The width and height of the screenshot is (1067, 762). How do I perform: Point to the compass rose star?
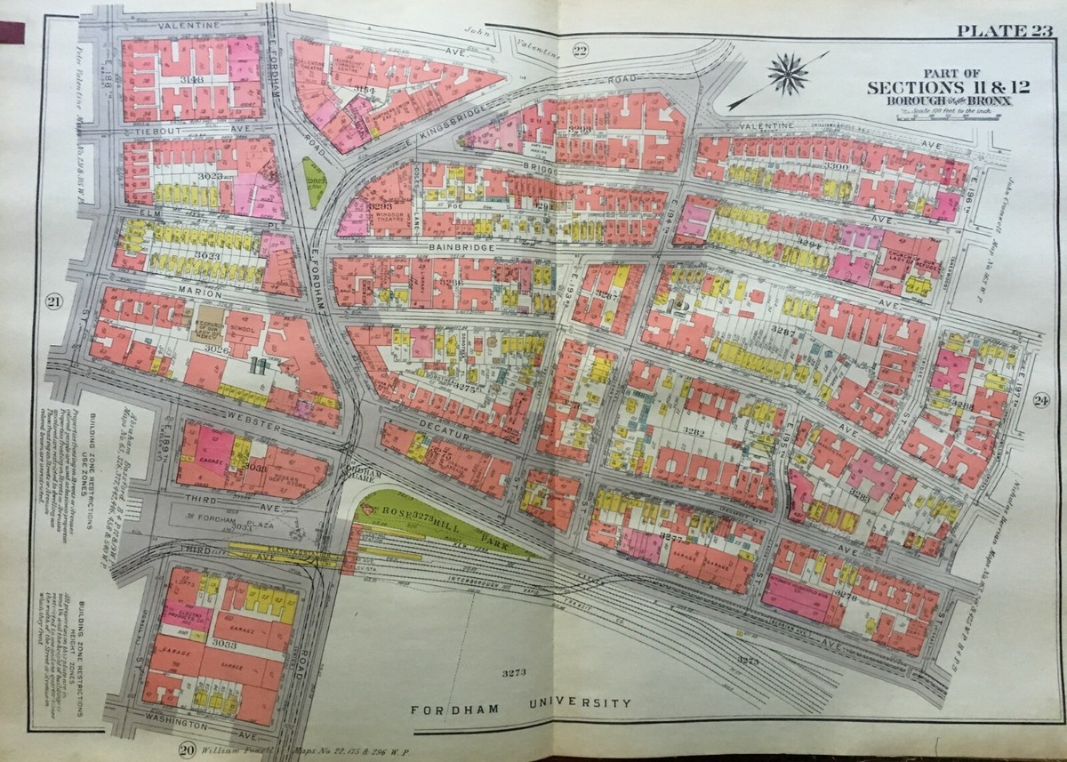(787, 72)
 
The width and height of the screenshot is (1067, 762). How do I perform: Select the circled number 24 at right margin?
(1041, 400)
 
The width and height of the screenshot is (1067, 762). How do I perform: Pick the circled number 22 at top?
(580, 50)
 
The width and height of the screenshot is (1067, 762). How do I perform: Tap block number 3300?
(836, 166)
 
